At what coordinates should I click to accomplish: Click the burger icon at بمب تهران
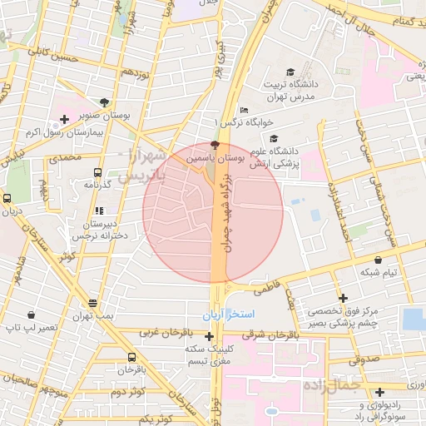pos(92,303)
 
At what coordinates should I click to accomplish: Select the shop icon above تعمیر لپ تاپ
pos(32,315)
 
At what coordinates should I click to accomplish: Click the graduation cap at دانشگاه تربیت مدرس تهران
pos(290,72)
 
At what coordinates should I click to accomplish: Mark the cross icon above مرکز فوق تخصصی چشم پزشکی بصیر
pos(343,297)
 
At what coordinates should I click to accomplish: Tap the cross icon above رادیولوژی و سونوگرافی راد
pos(379,391)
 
